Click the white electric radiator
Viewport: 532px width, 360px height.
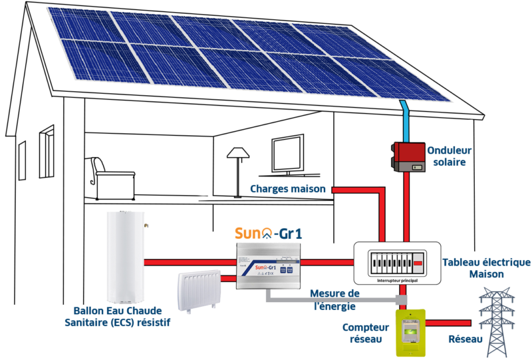[x=200, y=290]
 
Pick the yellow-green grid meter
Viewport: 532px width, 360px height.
[x=410, y=331]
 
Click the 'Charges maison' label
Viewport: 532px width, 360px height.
[x=288, y=189]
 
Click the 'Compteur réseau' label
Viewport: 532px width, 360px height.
[x=365, y=333]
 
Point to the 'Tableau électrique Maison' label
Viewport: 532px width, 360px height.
[x=485, y=268]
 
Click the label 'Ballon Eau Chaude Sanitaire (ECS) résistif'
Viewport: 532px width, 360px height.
[x=122, y=317]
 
